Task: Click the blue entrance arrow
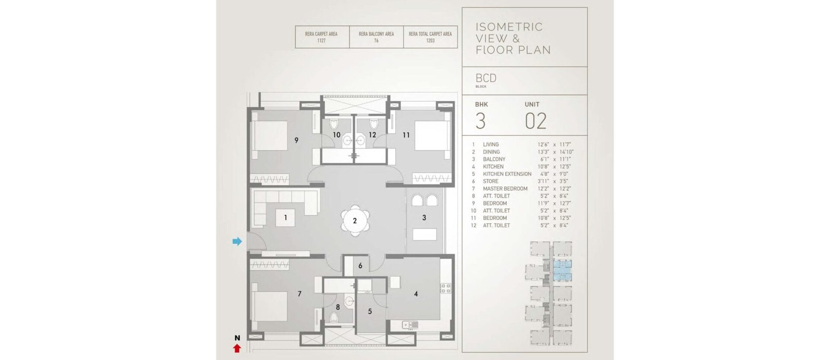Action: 237,242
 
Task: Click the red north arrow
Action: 237,348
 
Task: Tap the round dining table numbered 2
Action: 355,221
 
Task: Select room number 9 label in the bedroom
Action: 296,141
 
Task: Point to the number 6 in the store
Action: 360,266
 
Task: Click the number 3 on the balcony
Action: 424,218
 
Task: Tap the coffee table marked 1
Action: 285,218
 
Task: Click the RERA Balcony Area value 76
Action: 376,41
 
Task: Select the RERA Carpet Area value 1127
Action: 321,41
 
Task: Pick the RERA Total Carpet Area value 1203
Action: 430,41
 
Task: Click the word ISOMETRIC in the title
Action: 509,27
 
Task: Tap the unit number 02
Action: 535,121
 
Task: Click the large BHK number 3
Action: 480,121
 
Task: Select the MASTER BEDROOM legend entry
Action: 505,188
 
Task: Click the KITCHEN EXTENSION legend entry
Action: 507,174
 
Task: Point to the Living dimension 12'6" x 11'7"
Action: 555,144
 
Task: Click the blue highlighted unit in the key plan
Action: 562,270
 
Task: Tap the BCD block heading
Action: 486,78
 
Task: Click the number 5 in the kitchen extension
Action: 370,311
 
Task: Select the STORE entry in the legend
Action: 491,181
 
